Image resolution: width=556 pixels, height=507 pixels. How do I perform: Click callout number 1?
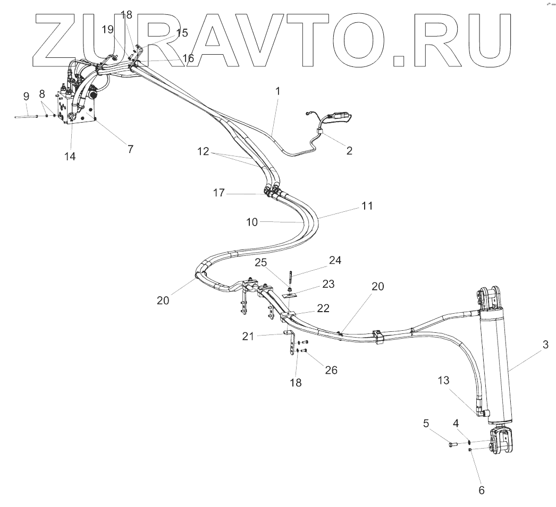277,91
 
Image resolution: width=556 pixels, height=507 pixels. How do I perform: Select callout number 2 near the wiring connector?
349,150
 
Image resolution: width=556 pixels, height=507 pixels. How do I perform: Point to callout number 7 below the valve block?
130,149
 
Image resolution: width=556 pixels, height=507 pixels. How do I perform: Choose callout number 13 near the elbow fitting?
444,380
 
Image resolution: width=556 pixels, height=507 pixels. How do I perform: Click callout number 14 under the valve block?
70,156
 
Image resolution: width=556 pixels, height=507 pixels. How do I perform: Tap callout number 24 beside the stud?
335,260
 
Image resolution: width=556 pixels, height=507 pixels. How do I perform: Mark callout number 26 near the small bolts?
331,370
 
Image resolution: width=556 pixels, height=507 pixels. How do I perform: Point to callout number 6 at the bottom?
482,490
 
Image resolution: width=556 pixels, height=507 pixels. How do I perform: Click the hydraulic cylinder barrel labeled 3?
494,366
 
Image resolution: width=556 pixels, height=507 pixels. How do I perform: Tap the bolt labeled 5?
453,442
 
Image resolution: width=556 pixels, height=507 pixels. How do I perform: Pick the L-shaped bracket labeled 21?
290,342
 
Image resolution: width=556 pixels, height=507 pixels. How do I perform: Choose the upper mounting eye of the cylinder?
490,296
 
